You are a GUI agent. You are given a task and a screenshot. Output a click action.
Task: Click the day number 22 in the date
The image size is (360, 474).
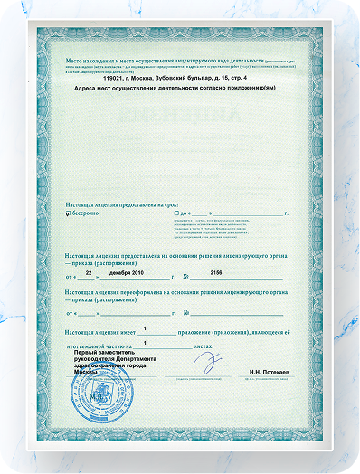89,270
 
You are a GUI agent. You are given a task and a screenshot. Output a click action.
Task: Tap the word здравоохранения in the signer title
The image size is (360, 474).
100,365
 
